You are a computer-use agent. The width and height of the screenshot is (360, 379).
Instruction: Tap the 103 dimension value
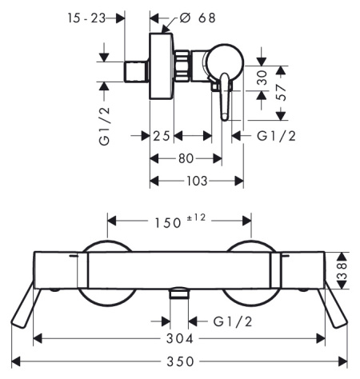point(197,182)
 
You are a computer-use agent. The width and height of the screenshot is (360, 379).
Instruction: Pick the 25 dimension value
point(162,135)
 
